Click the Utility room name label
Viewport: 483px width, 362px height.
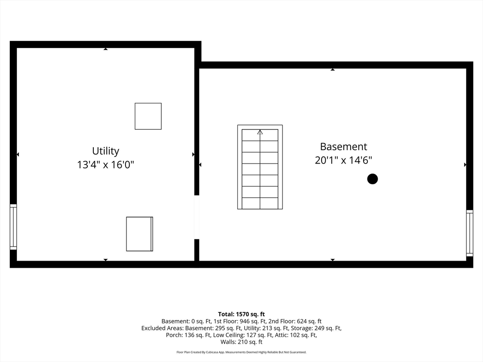click(x=105, y=151)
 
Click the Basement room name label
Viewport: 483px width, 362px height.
click(x=343, y=147)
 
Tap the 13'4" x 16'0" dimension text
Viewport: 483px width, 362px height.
click(x=105, y=165)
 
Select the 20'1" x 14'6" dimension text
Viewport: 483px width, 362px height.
click(x=343, y=160)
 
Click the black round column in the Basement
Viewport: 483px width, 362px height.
click(x=373, y=179)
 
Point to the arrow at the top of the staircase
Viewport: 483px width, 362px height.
click(x=260, y=132)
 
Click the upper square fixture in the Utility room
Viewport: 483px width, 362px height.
click(x=148, y=116)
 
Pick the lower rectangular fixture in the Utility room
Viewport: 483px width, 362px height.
click(x=140, y=234)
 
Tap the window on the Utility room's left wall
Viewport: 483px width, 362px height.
click(x=13, y=227)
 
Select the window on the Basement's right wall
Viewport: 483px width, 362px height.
click(x=469, y=233)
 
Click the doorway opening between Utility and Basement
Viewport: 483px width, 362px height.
click(x=197, y=217)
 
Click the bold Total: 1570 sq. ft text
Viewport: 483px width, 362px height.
click(x=241, y=314)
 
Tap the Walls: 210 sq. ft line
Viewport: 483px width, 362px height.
click(x=241, y=342)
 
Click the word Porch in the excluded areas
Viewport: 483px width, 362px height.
click(x=174, y=335)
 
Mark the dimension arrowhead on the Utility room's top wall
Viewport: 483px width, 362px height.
click(x=105, y=49)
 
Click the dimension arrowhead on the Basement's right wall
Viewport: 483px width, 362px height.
click(x=465, y=165)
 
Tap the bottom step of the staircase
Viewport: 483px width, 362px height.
click(x=260, y=203)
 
